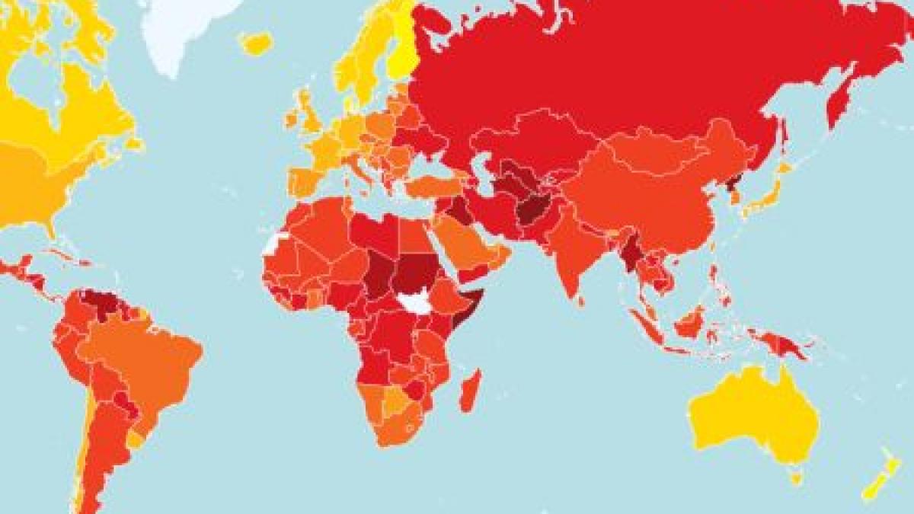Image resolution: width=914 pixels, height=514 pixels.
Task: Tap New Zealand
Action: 876,480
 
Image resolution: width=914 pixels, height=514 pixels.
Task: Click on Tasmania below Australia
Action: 796,477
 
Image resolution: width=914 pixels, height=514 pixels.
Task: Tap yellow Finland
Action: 399,53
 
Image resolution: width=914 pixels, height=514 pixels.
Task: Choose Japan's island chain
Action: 769,194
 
